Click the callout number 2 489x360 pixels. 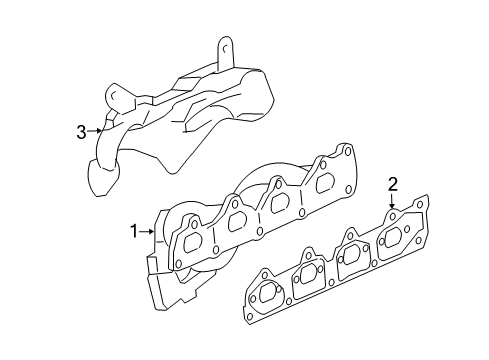(393, 183)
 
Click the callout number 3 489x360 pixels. (81, 130)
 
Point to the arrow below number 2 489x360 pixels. (393, 201)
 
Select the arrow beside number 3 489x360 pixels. (97, 130)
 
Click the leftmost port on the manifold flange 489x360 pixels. (195, 239)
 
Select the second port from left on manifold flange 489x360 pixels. (238, 220)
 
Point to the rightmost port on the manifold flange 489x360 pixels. (324, 183)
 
